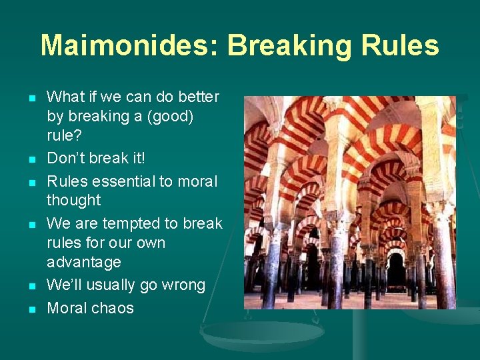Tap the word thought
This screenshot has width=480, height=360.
pos(73,200)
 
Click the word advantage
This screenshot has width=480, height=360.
pos(83,262)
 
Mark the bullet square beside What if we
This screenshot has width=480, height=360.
pos(31,98)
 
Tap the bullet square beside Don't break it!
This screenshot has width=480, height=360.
pos(31,159)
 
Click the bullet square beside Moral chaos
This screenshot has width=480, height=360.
pos(31,309)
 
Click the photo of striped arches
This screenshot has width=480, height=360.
pos(349,202)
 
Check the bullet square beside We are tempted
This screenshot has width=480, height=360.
pos(31,225)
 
